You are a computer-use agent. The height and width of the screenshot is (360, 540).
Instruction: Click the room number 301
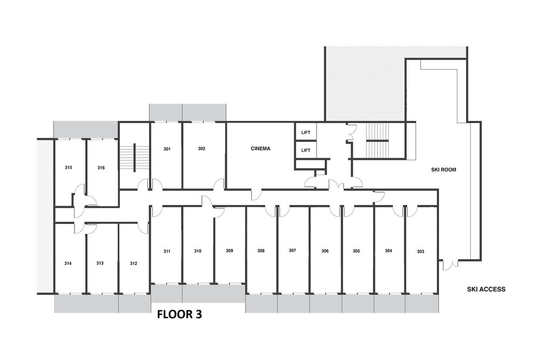click(x=167, y=149)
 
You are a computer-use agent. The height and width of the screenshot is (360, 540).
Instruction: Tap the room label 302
click(x=201, y=148)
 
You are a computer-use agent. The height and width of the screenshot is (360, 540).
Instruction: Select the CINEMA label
click(x=260, y=148)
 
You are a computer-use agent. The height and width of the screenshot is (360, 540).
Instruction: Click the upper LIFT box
click(x=306, y=132)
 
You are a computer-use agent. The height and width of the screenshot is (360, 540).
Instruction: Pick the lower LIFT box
click(x=306, y=150)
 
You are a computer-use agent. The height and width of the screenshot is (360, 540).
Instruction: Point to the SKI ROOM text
click(x=443, y=169)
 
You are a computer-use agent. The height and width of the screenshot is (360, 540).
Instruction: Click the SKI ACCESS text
click(x=487, y=289)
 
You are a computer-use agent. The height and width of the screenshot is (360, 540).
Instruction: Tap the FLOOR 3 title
click(x=179, y=314)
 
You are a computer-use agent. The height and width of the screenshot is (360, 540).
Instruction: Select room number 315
click(x=68, y=168)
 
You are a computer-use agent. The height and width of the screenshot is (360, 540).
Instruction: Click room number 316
click(x=101, y=168)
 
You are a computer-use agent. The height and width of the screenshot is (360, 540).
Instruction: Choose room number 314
click(x=68, y=263)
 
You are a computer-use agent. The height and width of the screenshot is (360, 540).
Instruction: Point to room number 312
click(x=133, y=263)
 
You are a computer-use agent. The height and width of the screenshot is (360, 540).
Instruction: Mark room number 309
click(x=230, y=250)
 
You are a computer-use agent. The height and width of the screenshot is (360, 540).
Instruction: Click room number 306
click(x=325, y=251)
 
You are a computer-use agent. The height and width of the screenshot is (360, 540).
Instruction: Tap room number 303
click(x=421, y=252)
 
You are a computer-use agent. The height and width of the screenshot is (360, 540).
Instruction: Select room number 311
click(x=167, y=251)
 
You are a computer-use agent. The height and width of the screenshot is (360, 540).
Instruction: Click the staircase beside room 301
click(x=134, y=157)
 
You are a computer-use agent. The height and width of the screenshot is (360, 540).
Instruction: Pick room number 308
click(x=261, y=251)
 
